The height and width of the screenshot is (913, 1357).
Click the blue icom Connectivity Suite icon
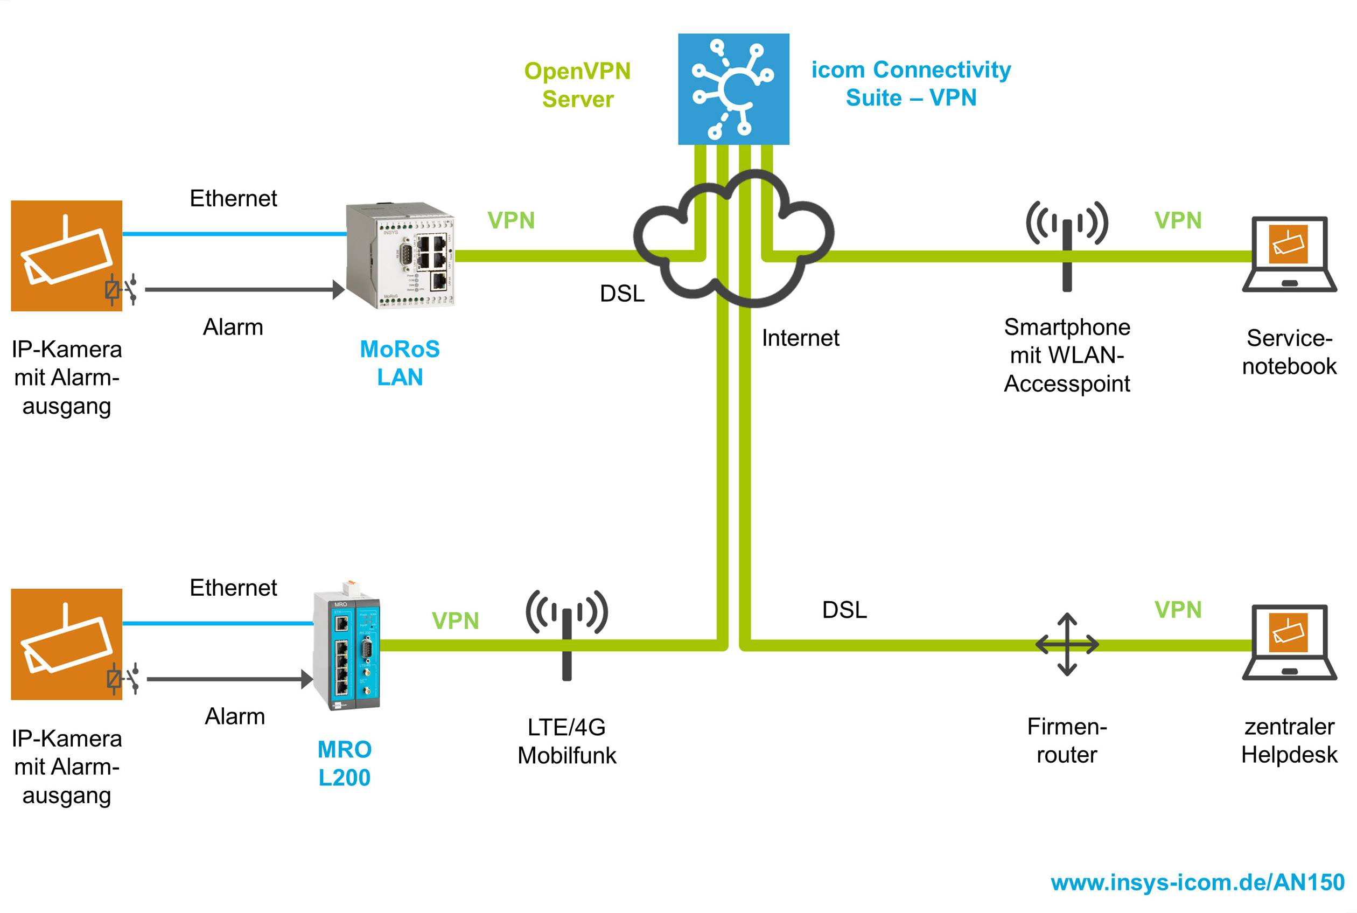733,89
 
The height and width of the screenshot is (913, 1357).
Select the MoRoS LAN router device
400,255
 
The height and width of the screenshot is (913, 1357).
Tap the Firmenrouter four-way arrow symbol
1067,644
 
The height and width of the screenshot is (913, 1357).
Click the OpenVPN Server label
577,85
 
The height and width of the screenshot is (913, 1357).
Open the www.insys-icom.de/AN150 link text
1197,882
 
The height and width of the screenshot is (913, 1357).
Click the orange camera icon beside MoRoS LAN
66,256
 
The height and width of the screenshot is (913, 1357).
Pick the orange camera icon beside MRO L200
66,644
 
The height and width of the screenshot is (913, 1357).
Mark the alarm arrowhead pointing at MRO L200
307,679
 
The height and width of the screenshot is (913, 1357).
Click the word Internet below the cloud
800,338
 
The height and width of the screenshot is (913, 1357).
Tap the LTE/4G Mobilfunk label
566,741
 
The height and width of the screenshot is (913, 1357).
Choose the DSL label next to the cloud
622,294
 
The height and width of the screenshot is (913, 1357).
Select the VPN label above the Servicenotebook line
1178,220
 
